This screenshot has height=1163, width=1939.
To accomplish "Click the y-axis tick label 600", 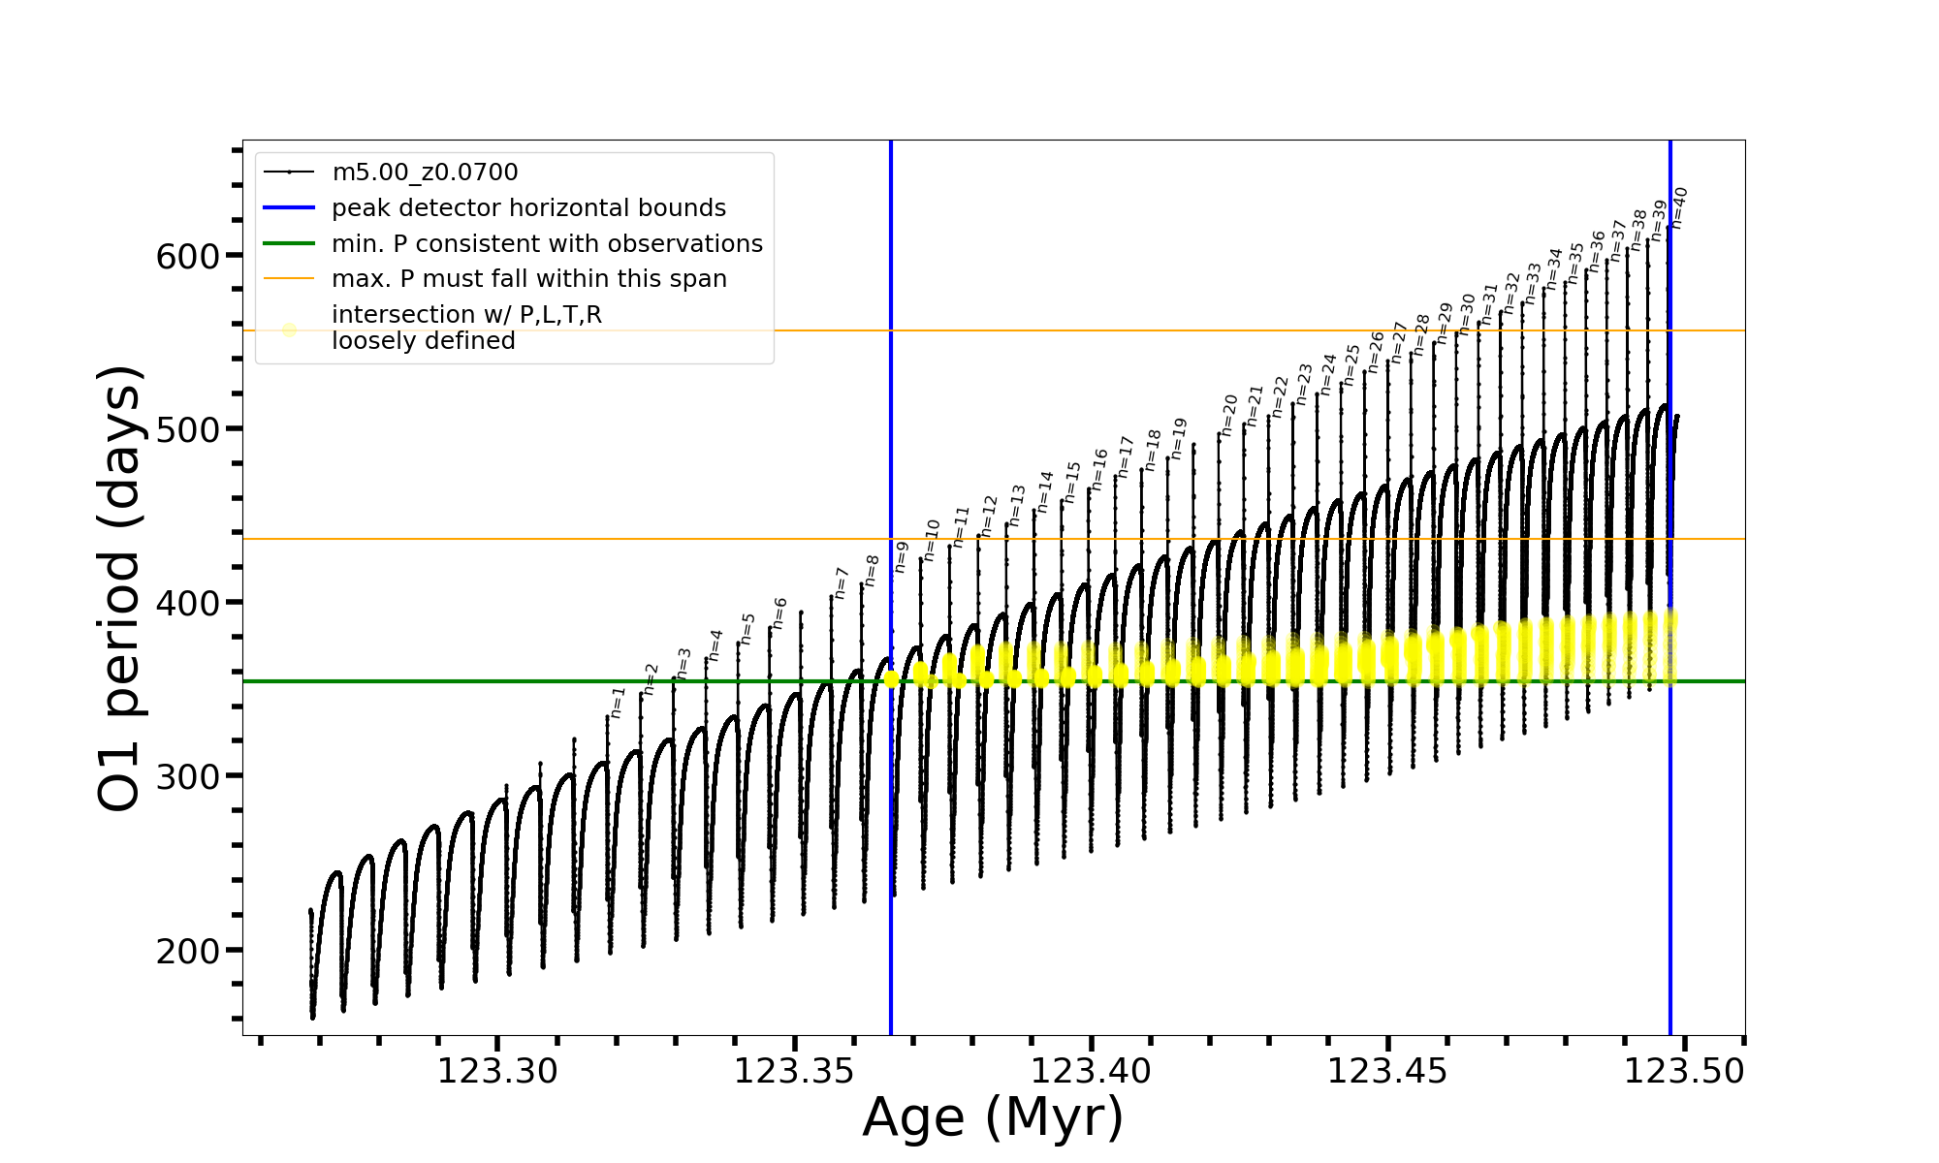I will pos(187,257).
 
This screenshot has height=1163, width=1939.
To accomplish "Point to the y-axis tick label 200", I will pos(187,952).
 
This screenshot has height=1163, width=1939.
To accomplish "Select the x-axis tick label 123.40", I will pos(1091,1071).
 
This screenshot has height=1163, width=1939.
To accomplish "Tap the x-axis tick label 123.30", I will pos(497,1071).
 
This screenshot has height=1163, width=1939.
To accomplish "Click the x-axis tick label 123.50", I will pos(1684,1071).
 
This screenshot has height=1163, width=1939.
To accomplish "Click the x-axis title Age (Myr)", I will pos(993,1117).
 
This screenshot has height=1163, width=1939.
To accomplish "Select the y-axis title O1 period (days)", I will pos(120,588).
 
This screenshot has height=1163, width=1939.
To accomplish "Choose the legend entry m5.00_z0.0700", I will pos(425,173).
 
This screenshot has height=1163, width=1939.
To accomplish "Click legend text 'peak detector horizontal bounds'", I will pos(528,208).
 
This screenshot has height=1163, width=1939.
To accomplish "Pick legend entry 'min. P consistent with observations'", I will pos(547,244).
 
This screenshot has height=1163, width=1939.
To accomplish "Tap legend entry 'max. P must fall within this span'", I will pos(528,279).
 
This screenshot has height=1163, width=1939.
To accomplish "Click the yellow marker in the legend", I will pos(289,330).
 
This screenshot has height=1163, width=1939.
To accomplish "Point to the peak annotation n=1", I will pos(618,703).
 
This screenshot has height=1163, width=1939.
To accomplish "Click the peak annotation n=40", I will pos(1679,207).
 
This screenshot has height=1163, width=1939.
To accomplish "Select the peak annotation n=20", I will pos(1229,415).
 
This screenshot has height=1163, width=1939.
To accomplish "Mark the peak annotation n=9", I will pos(902,557).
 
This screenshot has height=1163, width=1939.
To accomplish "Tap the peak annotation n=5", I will pos(747,629).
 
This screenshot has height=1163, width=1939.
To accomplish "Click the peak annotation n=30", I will pos(1467,313).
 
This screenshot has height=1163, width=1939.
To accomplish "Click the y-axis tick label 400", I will pos(187,604).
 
